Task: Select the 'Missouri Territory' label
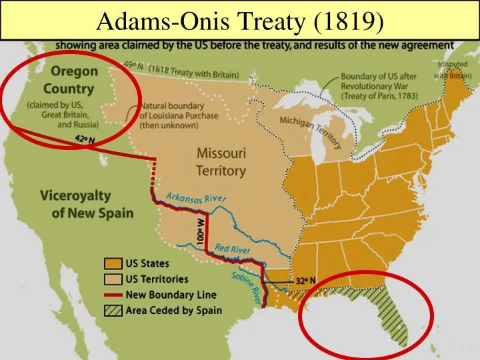(x=221, y=161)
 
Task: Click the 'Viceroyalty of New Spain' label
(x=85, y=205)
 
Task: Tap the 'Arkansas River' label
(x=196, y=197)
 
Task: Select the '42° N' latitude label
(x=85, y=140)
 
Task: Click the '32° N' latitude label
(x=306, y=281)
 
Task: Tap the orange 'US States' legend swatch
(x=111, y=264)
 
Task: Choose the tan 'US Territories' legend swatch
(x=111, y=279)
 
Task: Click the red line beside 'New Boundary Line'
(x=111, y=295)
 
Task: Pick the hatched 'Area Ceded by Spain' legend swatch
(x=111, y=310)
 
